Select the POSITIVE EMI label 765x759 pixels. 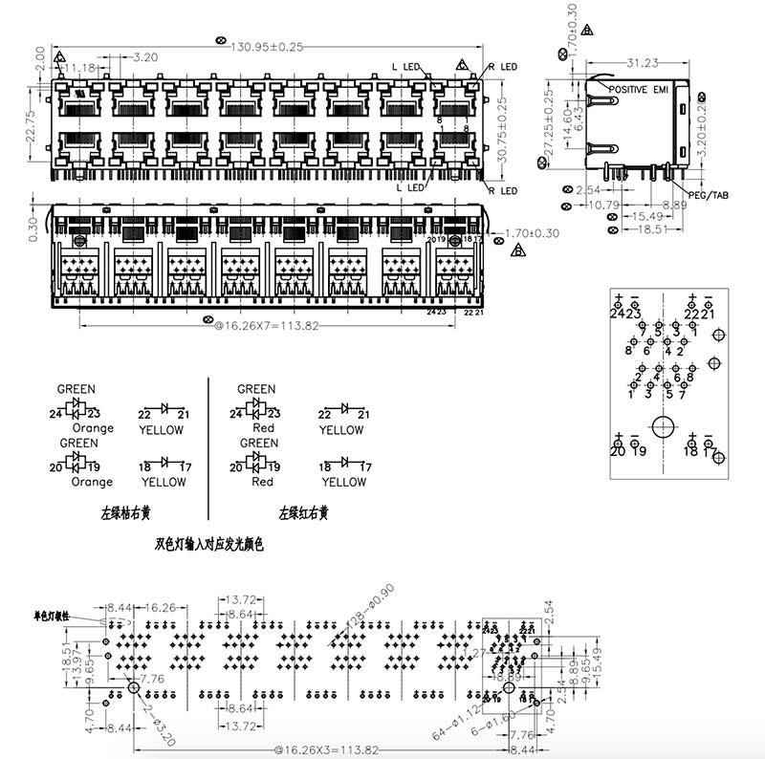640,88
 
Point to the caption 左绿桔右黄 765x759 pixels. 125,513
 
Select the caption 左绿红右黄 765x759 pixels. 303,513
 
